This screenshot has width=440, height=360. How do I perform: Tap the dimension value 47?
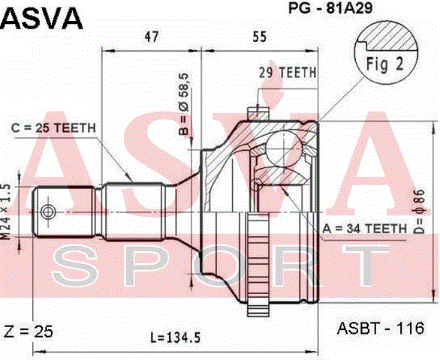151,35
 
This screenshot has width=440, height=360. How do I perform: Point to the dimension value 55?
260,35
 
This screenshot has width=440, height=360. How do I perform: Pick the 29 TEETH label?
287,73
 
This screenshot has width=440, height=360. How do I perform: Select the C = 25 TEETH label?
53,127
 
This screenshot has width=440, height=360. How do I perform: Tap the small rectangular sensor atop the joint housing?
258,112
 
